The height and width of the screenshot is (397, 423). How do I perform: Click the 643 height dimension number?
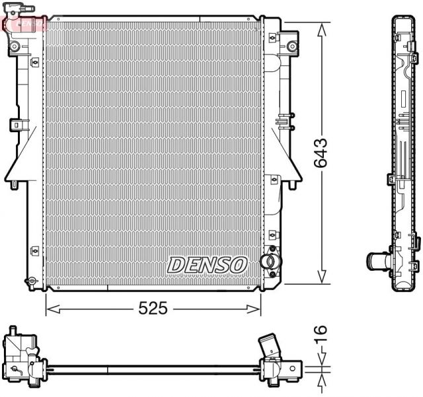322,154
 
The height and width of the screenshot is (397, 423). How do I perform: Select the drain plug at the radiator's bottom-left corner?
30,282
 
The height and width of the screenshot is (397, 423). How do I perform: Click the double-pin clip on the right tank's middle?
284,121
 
